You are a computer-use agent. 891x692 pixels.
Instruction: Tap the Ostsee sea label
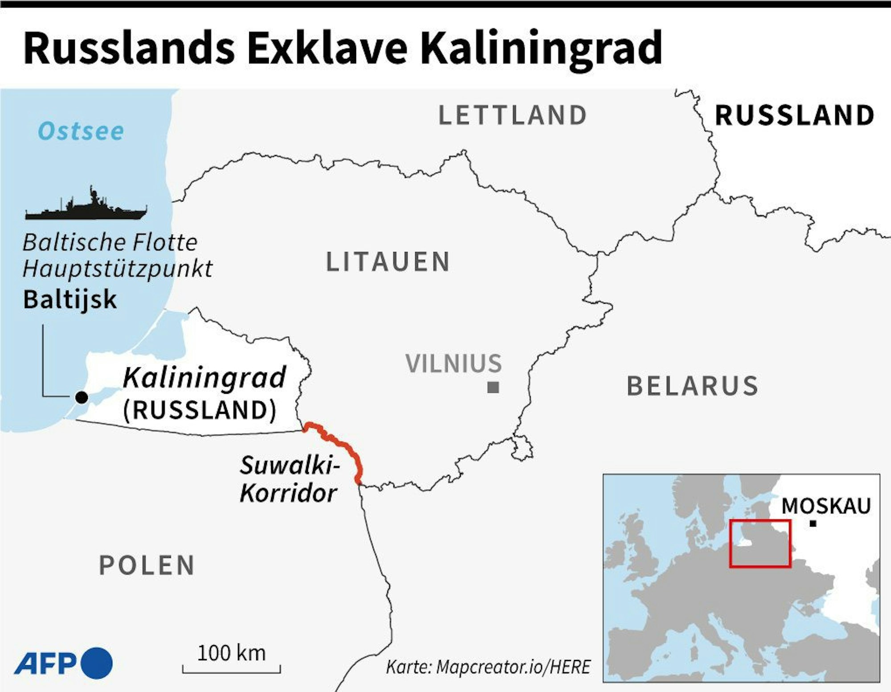(x=81, y=131)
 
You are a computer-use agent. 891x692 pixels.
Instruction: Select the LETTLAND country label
(x=513, y=115)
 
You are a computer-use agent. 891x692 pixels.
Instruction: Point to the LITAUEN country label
(x=388, y=262)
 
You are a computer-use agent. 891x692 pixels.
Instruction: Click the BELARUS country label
(x=692, y=386)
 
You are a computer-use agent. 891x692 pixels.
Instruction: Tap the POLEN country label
(x=147, y=565)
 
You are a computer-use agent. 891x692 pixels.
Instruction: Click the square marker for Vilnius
(x=493, y=387)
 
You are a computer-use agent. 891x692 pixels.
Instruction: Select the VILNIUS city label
(x=454, y=363)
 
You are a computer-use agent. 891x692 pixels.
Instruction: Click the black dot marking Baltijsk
(x=82, y=397)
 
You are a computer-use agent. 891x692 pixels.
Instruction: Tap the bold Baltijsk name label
(x=70, y=300)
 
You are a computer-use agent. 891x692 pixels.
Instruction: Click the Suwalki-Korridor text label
(x=289, y=480)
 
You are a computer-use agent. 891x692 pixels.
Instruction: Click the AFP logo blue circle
(x=96, y=663)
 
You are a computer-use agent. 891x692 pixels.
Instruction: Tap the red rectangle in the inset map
(x=760, y=544)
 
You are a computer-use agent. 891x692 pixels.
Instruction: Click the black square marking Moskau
(x=813, y=524)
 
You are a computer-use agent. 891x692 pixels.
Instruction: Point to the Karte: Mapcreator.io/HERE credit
(x=488, y=667)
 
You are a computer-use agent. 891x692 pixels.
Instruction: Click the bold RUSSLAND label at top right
(x=794, y=115)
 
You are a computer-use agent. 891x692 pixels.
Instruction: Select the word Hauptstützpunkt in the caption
(x=117, y=269)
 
